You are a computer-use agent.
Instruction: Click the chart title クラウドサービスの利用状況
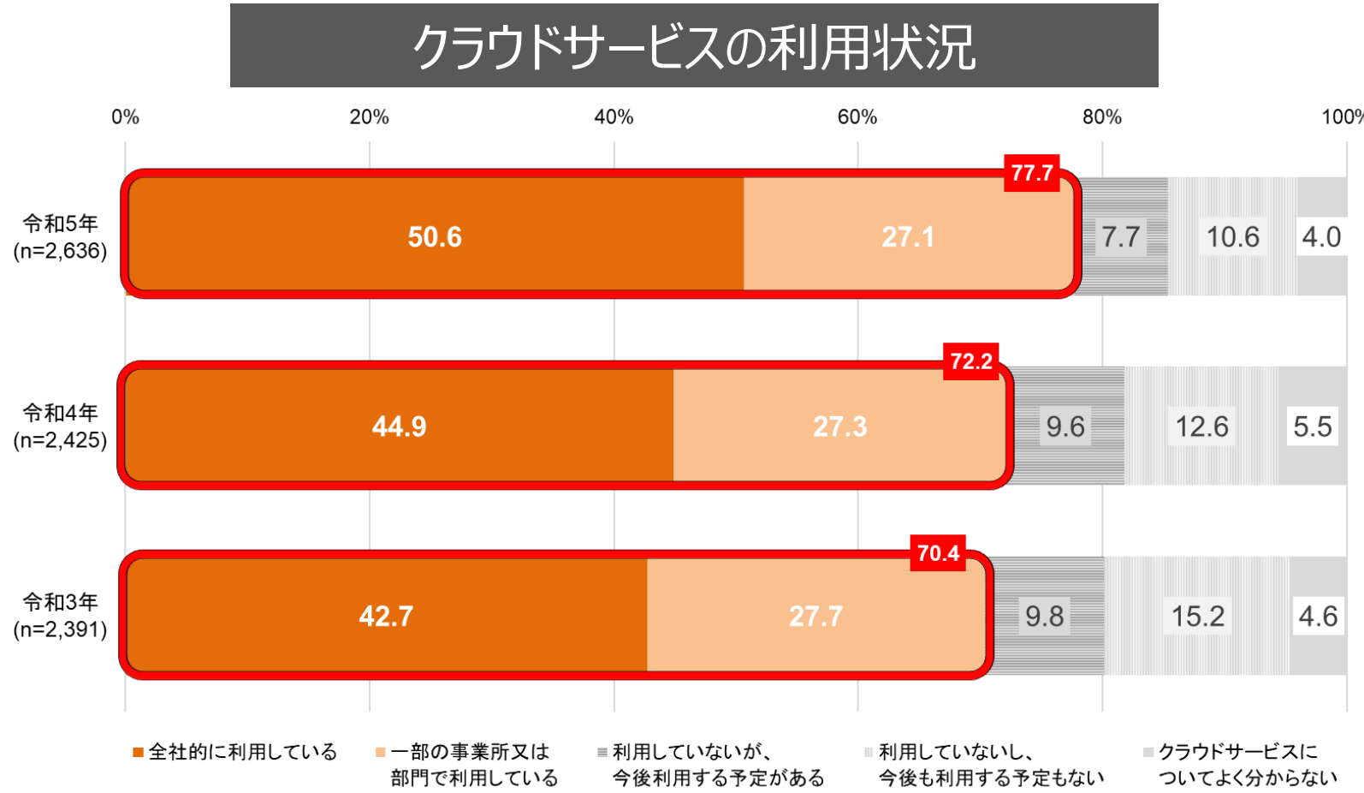[694, 46]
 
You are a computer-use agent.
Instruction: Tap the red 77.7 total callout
[1031, 173]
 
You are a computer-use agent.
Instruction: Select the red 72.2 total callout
[971, 361]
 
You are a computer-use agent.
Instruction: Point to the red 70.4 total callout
[938, 553]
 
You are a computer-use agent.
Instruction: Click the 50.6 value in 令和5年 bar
[435, 237]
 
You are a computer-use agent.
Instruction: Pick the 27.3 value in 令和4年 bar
[839, 426]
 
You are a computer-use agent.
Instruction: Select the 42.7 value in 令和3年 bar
[386, 617]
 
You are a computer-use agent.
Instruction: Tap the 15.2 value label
[1197, 617]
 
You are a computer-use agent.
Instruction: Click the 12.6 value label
[1201, 426]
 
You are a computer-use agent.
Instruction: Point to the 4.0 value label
[1320, 237]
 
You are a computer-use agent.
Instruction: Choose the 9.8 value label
[1044, 617]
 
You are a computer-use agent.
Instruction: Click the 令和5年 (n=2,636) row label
[60, 237]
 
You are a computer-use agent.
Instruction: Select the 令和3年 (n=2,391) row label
[60, 616]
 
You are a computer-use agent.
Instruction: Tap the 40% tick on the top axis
[614, 117]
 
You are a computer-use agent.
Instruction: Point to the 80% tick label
[1101, 117]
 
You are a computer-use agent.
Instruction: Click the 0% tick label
[125, 117]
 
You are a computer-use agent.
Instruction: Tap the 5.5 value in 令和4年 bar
[1312, 426]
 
